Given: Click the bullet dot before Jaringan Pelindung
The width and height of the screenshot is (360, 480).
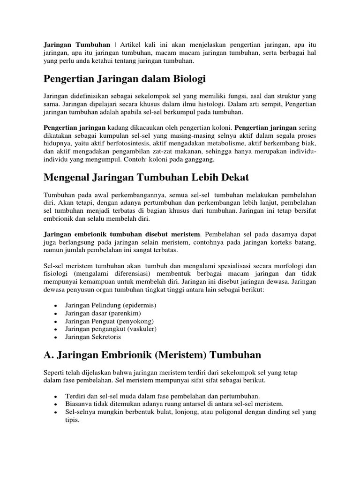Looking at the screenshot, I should pyautogui.click(x=56, y=306).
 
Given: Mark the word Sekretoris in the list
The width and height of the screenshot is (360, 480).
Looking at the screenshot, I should pyautogui.click(x=105, y=337).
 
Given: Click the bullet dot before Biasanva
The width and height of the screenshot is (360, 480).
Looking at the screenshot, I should pyautogui.click(x=56, y=404).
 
